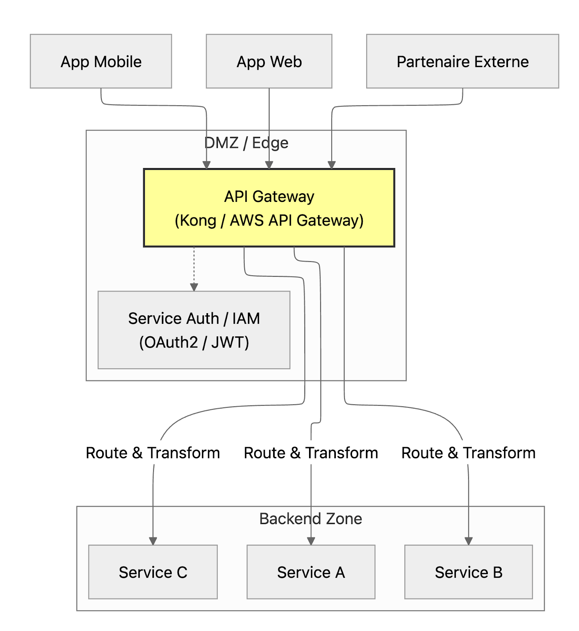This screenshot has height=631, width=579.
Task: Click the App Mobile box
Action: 101,61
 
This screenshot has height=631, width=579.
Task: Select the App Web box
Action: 269,61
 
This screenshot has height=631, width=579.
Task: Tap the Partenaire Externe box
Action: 462,61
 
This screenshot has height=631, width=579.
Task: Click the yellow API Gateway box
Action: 269,208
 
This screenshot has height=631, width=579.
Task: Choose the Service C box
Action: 153,572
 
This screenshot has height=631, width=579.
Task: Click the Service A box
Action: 311,572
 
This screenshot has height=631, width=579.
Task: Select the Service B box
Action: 468,572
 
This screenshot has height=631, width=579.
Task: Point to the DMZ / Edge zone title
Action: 246,143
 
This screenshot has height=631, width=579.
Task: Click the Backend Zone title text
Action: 311,519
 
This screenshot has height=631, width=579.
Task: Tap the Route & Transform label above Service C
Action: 153,453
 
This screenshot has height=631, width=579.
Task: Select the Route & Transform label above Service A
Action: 311,453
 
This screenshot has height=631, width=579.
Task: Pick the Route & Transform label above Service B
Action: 468,453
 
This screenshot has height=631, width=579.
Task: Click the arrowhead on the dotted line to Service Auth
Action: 194,287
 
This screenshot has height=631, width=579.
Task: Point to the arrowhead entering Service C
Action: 153,541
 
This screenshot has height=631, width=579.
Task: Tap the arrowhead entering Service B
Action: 468,541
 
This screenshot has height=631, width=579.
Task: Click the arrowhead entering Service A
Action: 311,541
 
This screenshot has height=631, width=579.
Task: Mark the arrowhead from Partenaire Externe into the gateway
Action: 332,165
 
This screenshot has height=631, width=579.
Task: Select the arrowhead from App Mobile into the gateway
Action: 206,165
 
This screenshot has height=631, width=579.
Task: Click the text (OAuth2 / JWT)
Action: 194,342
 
